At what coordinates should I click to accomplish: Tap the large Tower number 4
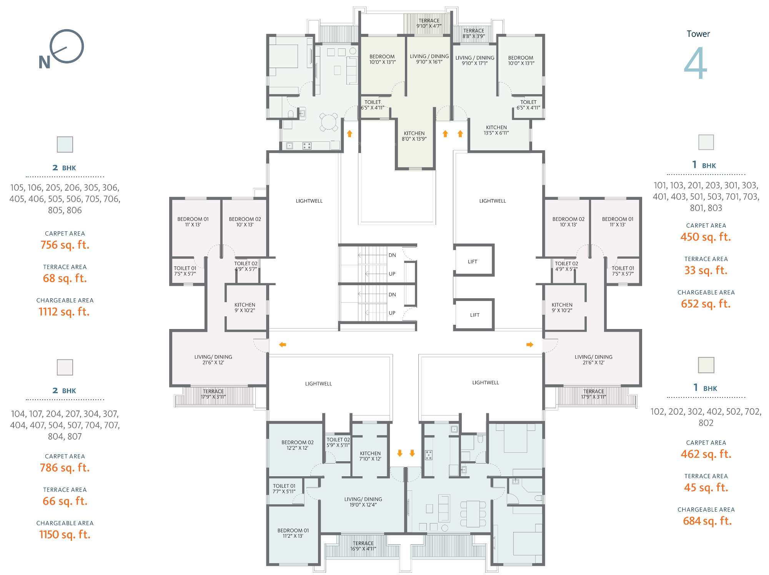pyautogui.click(x=696, y=63)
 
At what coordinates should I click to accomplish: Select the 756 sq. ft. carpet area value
pyautogui.click(x=65, y=245)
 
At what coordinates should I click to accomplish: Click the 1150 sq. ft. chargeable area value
pyautogui.click(x=65, y=534)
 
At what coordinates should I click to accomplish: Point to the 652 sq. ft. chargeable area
pyautogui.click(x=706, y=304)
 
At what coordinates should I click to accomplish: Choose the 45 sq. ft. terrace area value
pyautogui.click(x=706, y=487)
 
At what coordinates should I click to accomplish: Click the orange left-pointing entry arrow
pyautogui.click(x=283, y=345)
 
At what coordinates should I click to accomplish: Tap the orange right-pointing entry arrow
pyautogui.click(x=530, y=345)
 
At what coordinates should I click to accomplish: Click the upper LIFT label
pyautogui.click(x=473, y=262)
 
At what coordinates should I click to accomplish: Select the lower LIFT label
pyautogui.click(x=475, y=315)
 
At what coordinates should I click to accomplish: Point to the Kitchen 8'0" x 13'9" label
pyautogui.click(x=414, y=136)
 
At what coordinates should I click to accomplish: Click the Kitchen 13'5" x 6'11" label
pyautogui.click(x=496, y=130)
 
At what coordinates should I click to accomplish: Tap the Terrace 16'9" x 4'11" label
pyautogui.click(x=363, y=546)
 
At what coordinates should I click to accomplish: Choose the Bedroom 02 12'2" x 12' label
pyautogui.click(x=298, y=445)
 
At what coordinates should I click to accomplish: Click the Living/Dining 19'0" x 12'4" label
pyautogui.click(x=363, y=502)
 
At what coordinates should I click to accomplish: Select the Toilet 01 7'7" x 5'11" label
pyautogui.click(x=284, y=489)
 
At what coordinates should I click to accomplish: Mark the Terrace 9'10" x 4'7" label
pyautogui.click(x=429, y=23)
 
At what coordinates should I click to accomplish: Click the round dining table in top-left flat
pyautogui.click(x=329, y=122)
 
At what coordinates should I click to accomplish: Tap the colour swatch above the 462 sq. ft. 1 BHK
pyautogui.click(x=706, y=365)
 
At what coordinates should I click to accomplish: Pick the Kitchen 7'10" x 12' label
pyautogui.click(x=370, y=456)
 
